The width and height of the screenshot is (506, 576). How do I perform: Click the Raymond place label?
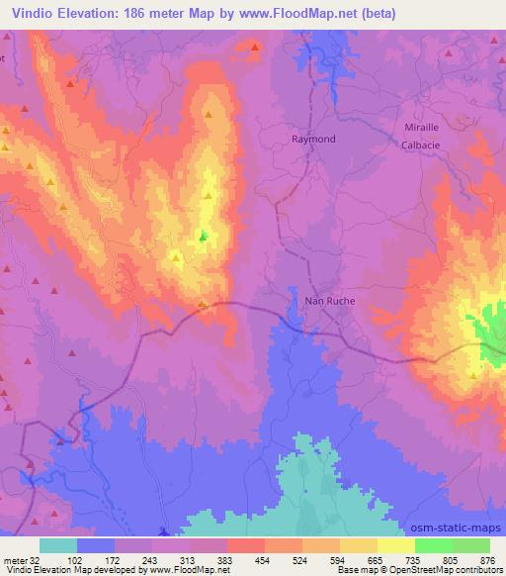tap(313, 140)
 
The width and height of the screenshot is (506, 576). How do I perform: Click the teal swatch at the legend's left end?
tap(58, 545)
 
